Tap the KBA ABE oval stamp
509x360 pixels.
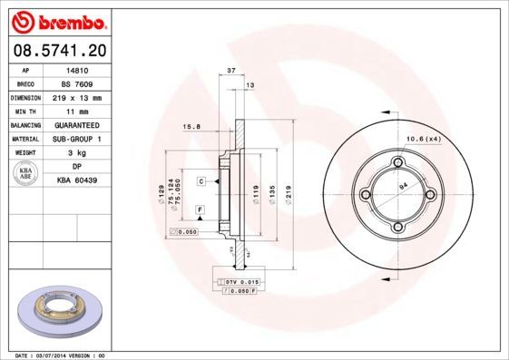pos(26,175)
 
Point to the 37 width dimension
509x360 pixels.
pos(230,70)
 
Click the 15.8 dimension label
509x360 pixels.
pos(191,127)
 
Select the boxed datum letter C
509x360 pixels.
pos(201,181)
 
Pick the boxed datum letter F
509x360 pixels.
pos(200,209)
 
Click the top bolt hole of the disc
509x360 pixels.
pos(396,162)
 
